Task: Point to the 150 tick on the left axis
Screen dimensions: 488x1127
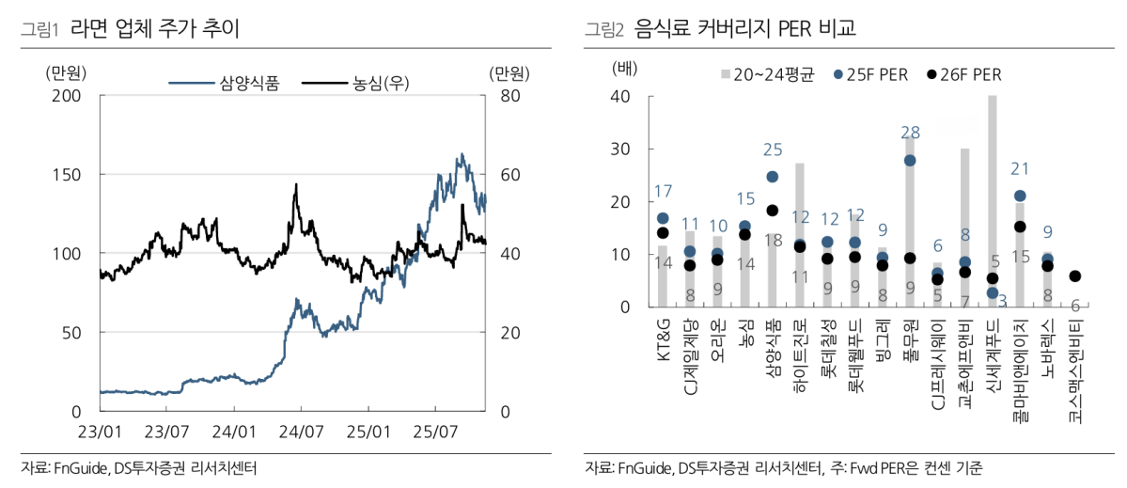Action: (x=67, y=175)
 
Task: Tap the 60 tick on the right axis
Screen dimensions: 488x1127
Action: (x=503, y=175)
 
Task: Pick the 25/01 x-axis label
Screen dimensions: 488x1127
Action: (x=368, y=432)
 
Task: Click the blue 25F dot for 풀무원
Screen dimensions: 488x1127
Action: (x=910, y=161)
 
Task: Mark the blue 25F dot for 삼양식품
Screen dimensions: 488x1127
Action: (x=773, y=176)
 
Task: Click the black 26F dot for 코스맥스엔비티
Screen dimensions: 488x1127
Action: (x=1075, y=276)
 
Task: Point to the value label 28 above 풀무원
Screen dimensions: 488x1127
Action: (x=910, y=133)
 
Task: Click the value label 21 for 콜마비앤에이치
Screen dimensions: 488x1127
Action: (x=1020, y=168)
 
